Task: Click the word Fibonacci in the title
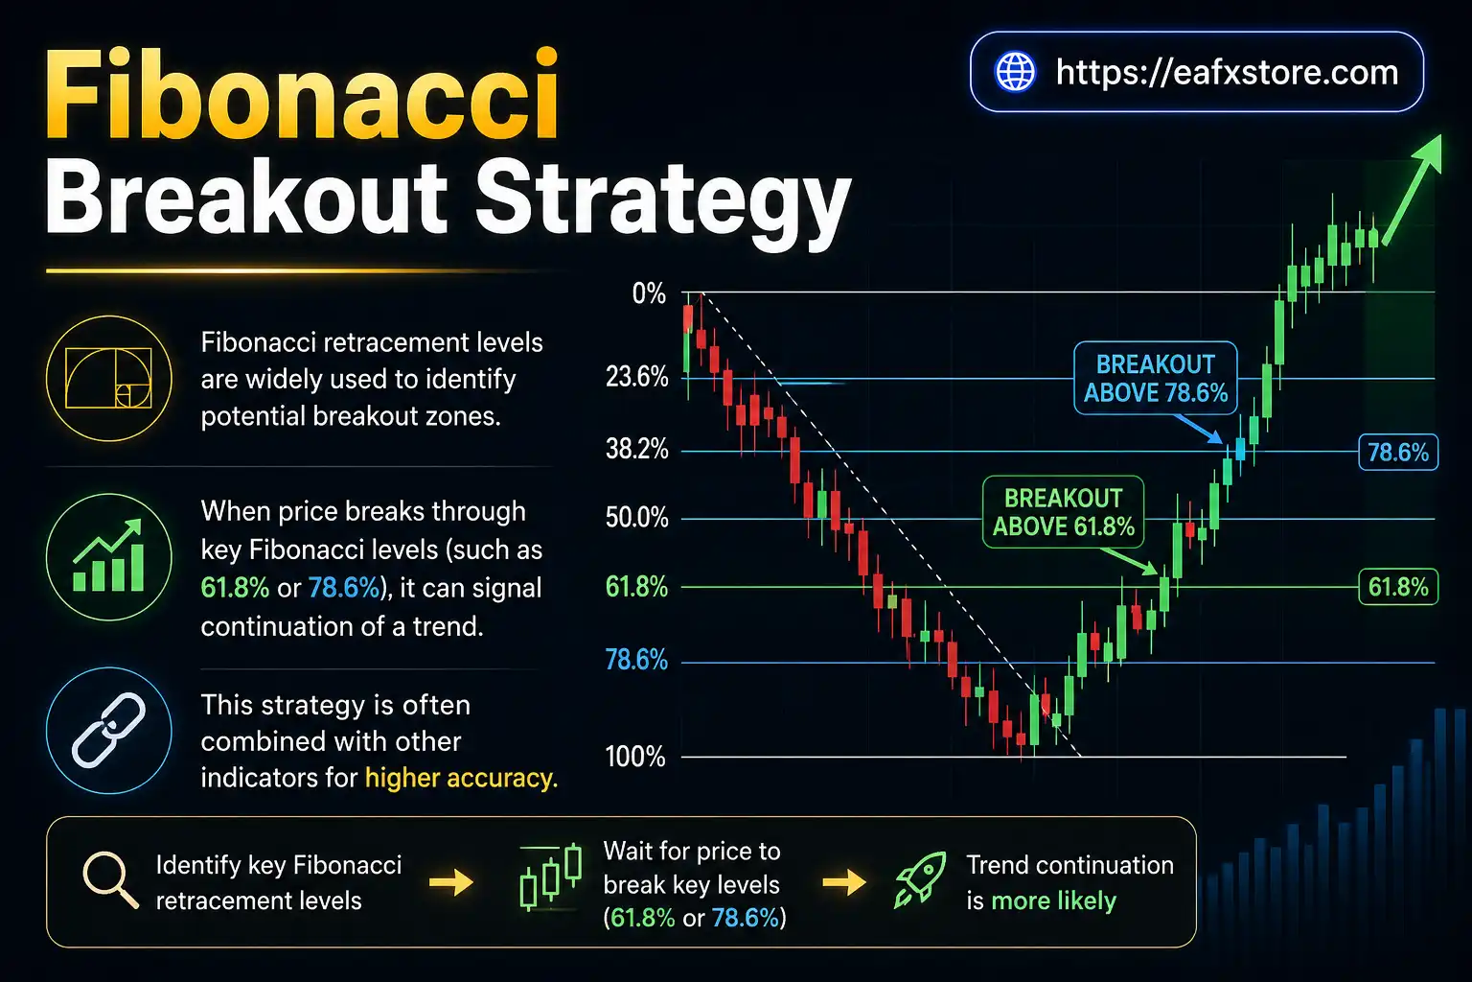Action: tap(302, 96)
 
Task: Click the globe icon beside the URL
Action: tap(1015, 72)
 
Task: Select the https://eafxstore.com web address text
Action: tap(1227, 72)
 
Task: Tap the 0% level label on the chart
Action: tap(649, 293)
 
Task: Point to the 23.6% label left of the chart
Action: tap(636, 377)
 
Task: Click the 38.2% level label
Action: tap(636, 449)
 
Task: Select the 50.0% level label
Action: tap(636, 518)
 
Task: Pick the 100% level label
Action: tap(634, 757)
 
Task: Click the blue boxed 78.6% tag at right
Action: tap(1397, 452)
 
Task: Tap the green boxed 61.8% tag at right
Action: tap(1397, 587)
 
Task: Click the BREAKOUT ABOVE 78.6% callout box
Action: tap(1155, 378)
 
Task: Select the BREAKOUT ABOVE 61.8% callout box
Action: tap(1063, 512)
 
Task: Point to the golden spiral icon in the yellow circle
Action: tap(108, 378)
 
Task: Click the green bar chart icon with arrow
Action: tap(108, 557)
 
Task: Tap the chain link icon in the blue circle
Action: tap(108, 731)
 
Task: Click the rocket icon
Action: tap(920, 879)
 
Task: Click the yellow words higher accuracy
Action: tap(460, 778)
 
